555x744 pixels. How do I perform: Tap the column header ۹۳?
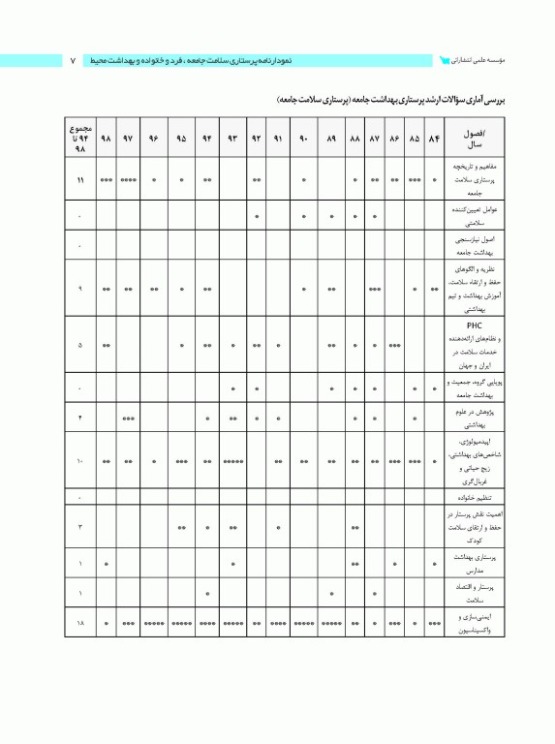(232, 139)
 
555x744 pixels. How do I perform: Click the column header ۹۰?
(303, 139)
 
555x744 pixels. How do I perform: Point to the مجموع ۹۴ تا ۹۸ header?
(79, 139)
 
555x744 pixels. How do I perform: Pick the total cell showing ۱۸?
(79, 625)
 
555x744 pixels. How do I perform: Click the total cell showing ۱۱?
(79, 180)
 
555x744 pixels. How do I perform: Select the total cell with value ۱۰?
(79, 462)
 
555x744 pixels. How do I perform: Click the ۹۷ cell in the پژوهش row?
(128, 418)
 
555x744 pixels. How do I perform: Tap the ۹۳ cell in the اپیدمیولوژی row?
(232, 462)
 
